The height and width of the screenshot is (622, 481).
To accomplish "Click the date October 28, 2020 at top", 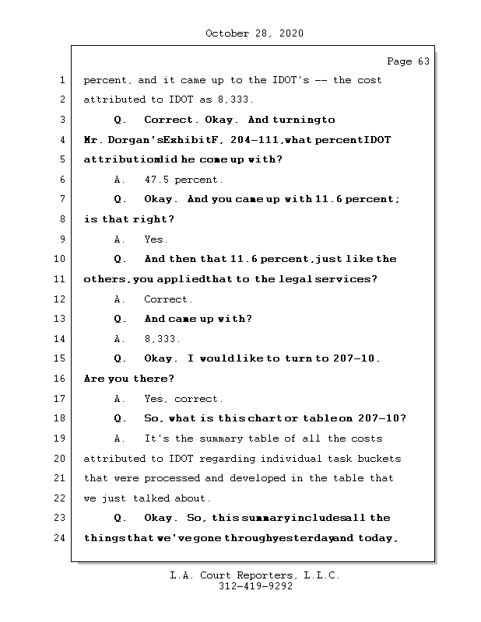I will click(254, 33).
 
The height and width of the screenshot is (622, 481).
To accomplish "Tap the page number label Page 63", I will click(408, 61).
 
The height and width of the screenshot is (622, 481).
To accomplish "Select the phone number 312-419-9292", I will click(255, 587).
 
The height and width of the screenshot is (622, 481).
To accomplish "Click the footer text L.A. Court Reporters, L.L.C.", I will click(255, 575).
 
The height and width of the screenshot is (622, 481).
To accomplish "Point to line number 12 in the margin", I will click(61, 299).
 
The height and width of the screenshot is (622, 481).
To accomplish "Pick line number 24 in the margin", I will click(61, 538).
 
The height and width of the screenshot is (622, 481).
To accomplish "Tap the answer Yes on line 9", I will click(156, 239).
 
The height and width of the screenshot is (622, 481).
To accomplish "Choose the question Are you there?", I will click(129, 379).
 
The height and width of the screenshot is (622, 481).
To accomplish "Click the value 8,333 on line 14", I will click(162, 339).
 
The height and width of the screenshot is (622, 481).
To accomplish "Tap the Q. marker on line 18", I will click(120, 418).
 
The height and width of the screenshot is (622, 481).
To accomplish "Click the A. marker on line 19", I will click(120, 439).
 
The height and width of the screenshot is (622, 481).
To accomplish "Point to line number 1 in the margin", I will click(61, 80).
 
